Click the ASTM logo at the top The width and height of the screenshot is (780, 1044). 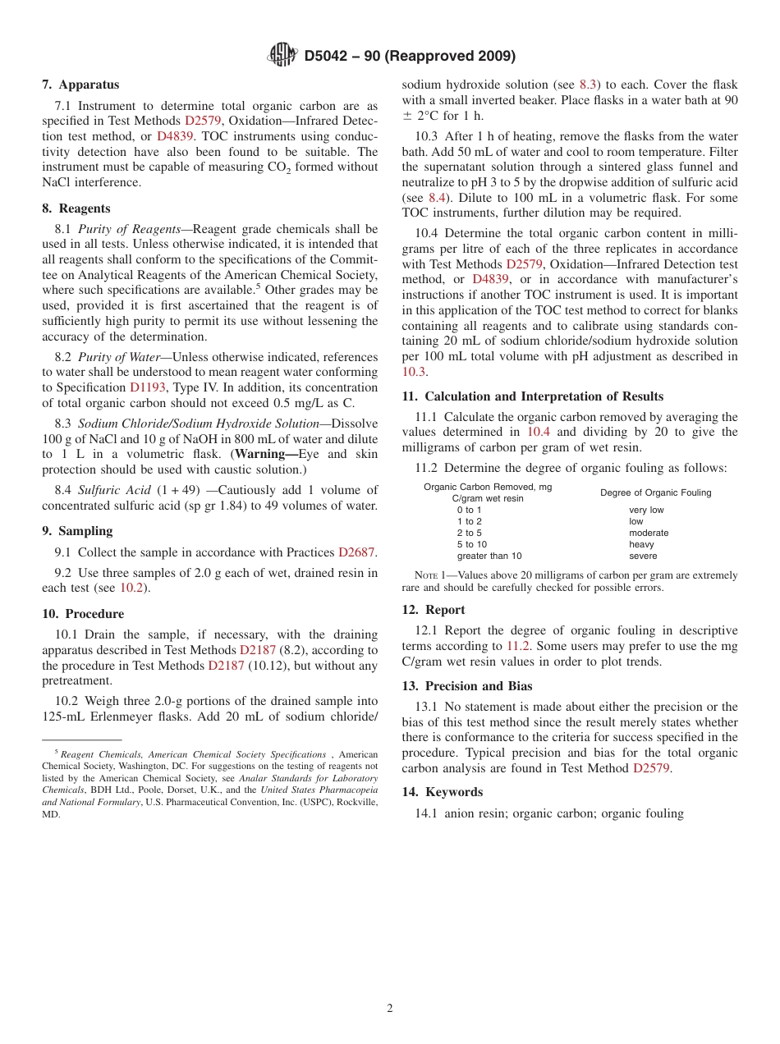click(282, 56)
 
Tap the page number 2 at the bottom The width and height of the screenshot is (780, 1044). click(390, 1008)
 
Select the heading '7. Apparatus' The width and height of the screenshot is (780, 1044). click(80, 85)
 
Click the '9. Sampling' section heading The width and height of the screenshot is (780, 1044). click(77, 531)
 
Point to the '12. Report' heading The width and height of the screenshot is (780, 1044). click(434, 610)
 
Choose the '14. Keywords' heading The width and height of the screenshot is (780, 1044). click(443, 792)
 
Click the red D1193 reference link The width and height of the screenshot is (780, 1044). click(149, 387)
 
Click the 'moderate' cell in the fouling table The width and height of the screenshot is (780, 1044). click(649, 533)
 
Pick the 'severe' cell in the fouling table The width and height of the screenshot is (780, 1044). click(643, 556)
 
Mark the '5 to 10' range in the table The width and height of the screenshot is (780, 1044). click(472, 544)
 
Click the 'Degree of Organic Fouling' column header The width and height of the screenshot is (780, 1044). click(655, 492)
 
